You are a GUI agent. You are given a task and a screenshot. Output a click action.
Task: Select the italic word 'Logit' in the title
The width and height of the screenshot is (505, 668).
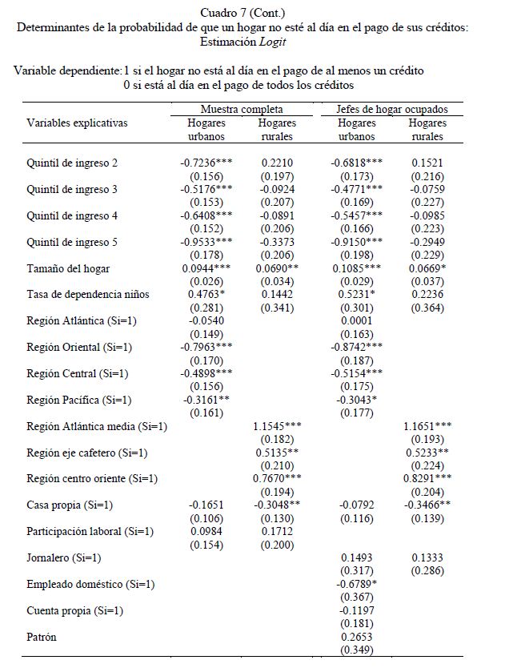(271, 40)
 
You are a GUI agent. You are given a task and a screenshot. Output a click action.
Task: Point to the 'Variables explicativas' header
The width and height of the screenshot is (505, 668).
(77, 123)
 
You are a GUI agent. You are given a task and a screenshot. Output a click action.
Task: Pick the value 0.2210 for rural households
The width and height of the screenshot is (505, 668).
(278, 163)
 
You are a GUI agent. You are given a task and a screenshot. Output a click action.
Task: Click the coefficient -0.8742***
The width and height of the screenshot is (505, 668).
(357, 348)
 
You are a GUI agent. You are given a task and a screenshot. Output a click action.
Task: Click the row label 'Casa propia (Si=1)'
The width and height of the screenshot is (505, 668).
(70, 505)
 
